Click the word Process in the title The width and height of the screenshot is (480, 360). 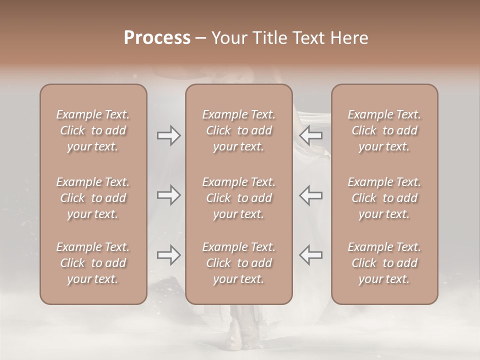(x=157, y=38)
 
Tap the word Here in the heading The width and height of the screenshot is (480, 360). (x=349, y=38)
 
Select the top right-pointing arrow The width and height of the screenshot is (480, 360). (x=168, y=135)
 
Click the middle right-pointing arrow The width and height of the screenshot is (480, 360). (x=168, y=195)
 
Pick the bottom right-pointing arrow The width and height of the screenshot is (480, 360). (x=168, y=255)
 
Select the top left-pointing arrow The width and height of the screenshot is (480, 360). (x=310, y=135)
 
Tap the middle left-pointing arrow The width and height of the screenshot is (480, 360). (x=310, y=195)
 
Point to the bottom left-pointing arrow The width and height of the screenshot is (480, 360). (x=310, y=255)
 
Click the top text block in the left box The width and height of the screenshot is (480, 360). (x=93, y=130)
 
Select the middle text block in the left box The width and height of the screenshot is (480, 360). (x=93, y=198)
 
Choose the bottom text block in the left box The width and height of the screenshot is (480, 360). (x=93, y=263)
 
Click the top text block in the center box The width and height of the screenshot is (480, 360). (x=238, y=130)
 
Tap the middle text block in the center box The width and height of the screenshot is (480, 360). (x=238, y=198)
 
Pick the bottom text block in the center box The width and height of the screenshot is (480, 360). (x=238, y=263)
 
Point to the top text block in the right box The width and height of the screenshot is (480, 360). (x=384, y=130)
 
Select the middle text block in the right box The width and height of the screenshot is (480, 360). (x=384, y=198)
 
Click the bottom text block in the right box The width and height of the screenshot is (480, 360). (x=384, y=263)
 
